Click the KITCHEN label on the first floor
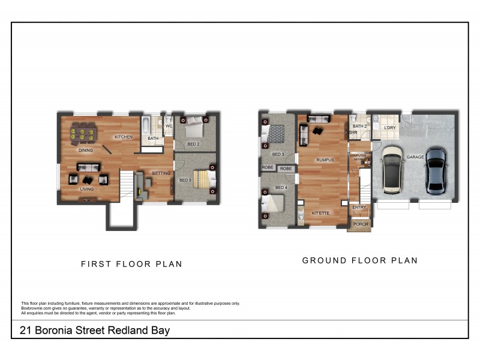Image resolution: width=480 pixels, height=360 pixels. (124, 137)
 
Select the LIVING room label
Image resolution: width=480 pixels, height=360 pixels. (88, 190)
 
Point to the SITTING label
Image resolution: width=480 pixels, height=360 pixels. (161, 173)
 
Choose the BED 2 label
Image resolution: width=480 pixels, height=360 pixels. (193, 144)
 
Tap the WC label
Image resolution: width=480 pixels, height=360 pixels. (169, 127)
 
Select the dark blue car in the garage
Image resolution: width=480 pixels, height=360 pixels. (436, 171)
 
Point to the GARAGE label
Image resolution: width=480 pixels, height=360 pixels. (415, 157)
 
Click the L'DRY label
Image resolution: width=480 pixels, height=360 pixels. (389, 128)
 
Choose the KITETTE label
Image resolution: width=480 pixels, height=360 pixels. (320, 212)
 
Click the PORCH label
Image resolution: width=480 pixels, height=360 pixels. (360, 224)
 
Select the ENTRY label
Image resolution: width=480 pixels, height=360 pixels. (359, 208)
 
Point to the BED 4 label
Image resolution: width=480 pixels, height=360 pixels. (281, 188)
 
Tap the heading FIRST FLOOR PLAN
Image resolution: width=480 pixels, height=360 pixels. (131, 264)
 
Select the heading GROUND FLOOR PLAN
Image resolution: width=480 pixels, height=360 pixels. (359, 260)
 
